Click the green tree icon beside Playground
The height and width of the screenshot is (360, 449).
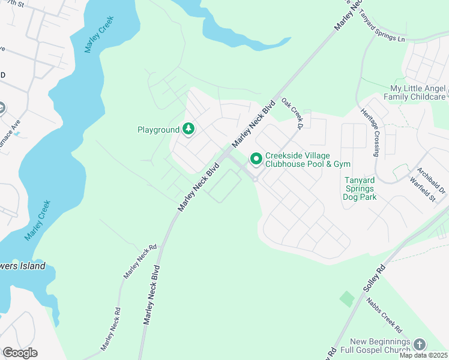188,129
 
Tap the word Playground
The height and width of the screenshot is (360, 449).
158,130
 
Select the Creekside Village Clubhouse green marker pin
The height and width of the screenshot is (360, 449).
256,159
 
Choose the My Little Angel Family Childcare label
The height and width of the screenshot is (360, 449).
418,92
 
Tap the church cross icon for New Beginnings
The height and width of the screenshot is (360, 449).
419,344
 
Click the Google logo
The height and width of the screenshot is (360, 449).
20,353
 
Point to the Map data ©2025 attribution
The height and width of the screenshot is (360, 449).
424,355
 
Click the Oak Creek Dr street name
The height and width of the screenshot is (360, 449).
291,114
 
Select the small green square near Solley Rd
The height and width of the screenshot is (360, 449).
347,298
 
